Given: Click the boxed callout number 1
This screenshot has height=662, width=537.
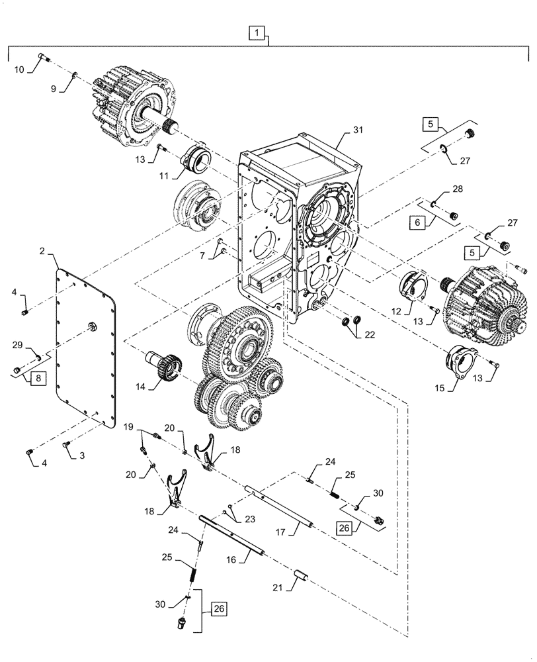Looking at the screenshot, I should (257, 32).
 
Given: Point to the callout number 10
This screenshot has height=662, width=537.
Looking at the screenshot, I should (18, 68).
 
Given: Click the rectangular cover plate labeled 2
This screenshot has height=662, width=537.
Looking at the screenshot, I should (87, 344).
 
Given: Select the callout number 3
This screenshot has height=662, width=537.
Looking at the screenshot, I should (82, 456).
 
